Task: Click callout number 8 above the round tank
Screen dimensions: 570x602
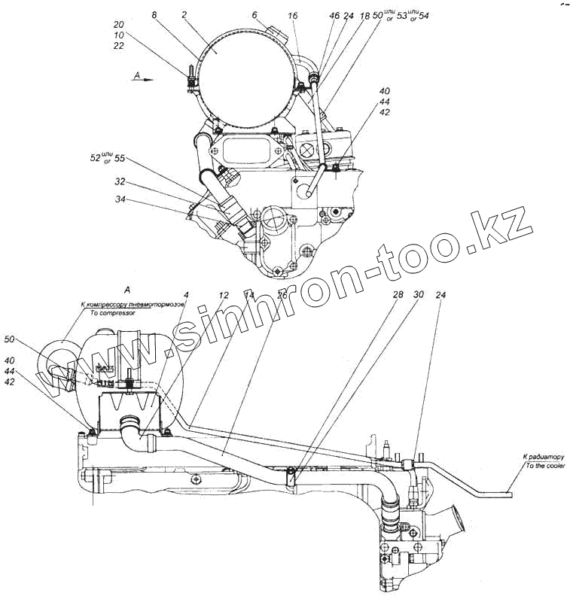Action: click(154, 14)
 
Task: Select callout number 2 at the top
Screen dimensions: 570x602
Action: click(185, 14)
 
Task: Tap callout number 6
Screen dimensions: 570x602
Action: click(254, 14)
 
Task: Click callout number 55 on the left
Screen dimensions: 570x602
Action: click(119, 160)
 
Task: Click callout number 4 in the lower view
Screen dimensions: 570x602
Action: click(185, 294)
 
